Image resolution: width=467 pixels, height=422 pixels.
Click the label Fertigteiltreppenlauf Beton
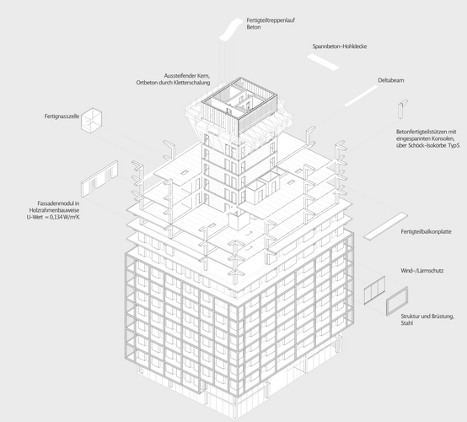coord(271,24)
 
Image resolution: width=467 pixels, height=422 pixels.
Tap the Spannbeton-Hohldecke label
coord(340,46)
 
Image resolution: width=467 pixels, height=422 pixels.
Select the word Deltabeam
coord(391,80)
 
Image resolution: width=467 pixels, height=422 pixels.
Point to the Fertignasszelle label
coord(62,116)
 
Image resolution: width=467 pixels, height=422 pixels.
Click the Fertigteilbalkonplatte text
coord(426,231)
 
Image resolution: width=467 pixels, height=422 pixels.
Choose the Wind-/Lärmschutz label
coord(422,270)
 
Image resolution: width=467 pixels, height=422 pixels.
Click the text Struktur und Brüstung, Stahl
coord(427,319)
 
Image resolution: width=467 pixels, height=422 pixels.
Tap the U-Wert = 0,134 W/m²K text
coord(53,217)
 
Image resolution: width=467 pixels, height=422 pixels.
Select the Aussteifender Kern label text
coord(187,76)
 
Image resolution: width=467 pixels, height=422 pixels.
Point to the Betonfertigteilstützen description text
coord(427,138)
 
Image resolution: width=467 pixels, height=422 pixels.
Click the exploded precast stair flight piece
coord(231,29)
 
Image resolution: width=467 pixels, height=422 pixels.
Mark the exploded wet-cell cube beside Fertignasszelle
coord(91,120)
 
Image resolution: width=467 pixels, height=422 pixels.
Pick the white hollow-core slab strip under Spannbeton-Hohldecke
coord(323,62)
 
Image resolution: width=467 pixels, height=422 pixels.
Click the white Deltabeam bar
coord(361,95)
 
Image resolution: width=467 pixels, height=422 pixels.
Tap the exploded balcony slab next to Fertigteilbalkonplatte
coord(385,225)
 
